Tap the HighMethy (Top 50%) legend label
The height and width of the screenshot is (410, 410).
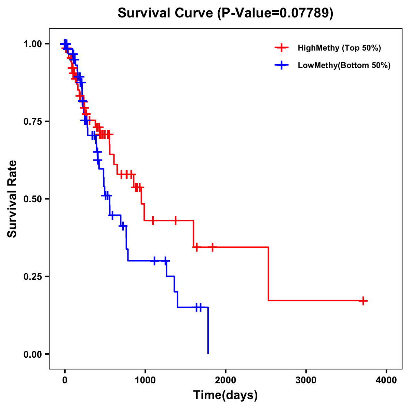339,48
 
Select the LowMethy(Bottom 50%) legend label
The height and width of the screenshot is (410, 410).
344,65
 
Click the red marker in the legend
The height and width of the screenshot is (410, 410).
282,48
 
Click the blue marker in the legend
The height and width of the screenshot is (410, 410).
282,65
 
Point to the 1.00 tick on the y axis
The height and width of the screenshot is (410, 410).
32,44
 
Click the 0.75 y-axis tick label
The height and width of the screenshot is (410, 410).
32,121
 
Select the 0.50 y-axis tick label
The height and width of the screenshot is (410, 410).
32,199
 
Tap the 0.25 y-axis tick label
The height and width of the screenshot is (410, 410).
32,276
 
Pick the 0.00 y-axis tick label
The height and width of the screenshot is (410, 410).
32,354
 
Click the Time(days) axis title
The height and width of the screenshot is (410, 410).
225,395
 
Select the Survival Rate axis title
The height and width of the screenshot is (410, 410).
12,199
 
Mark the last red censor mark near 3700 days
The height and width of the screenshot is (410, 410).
364,301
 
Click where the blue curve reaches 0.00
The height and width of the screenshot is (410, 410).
208,353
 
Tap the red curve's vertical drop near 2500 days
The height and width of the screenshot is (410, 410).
269,273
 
